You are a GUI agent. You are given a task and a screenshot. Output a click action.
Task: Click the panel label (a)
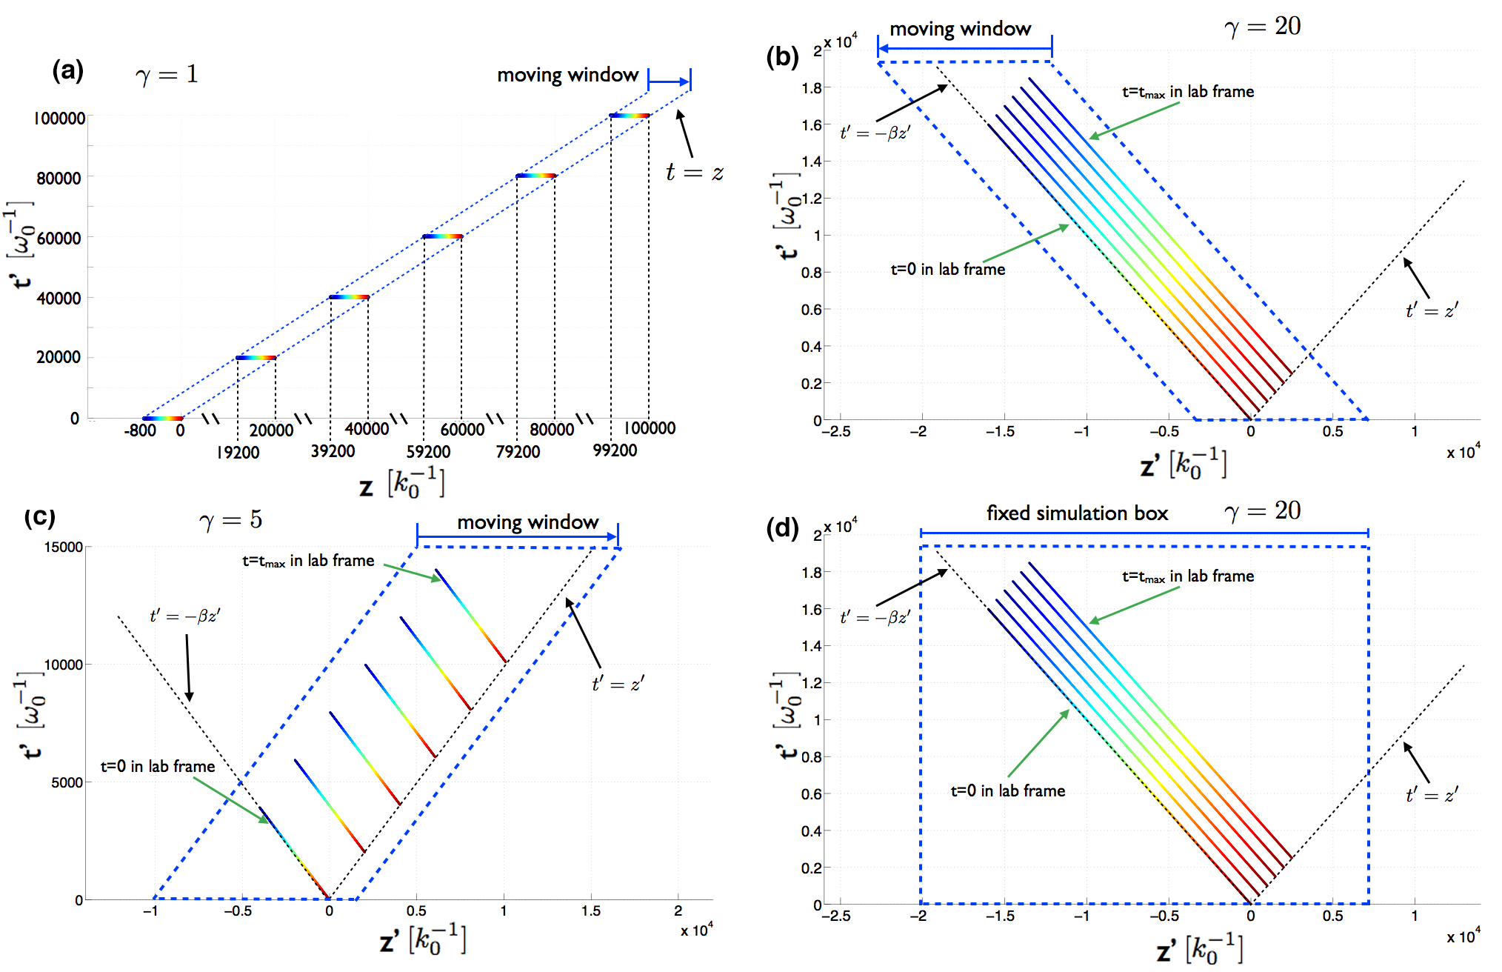(x=67, y=71)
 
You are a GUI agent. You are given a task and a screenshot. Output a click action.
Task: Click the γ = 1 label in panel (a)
(x=167, y=75)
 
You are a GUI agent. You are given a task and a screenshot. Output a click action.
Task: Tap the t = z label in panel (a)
(x=694, y=173)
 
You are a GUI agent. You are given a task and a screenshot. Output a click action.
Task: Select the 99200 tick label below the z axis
(x=615, y=450)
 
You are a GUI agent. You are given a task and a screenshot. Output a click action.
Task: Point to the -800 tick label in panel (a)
(x=140, y=430)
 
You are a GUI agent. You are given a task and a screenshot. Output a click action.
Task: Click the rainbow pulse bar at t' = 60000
(x=443, y=236)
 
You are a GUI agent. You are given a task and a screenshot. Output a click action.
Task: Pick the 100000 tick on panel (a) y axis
(x=60, y=119)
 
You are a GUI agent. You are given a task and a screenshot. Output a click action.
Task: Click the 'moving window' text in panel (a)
(x=567, y=76)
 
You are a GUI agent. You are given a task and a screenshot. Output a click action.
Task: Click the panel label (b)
(x=782, y=56)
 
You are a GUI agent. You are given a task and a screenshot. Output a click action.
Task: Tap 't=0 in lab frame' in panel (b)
(x=947, y=270)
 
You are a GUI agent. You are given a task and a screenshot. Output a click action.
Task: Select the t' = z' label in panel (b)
(x=1432, y=310)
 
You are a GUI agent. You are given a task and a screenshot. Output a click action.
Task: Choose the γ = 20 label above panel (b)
(x=1263, y=27)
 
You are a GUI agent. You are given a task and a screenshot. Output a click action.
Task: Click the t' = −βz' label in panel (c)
(x=184, y=616)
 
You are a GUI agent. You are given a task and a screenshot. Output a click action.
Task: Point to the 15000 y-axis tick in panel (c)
(x=64, y=547)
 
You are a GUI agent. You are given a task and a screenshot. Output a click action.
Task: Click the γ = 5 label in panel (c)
(x=230, y=520)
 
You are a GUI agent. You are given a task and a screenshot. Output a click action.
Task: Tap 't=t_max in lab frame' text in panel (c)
(x=308, y=562)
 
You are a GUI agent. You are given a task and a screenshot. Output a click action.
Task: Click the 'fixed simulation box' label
(x=1077, y=513)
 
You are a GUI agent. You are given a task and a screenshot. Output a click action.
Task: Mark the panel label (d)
(x=782, y=527)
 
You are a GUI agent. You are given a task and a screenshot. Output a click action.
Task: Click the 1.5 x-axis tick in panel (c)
(x=590, y=911)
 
